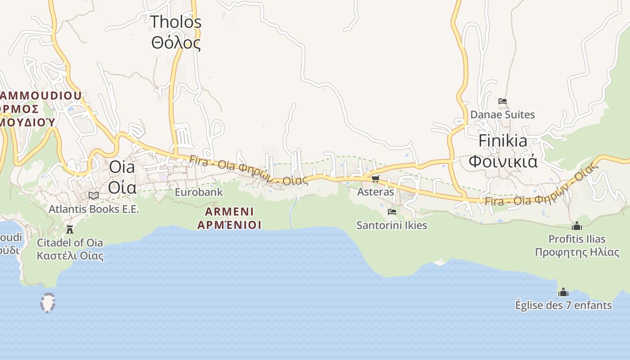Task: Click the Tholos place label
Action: coord(175,22)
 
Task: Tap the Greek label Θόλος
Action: coord(175,43)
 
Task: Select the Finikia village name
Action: coord(503,141)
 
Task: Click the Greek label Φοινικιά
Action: coord(503,161)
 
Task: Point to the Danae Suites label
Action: coord(502,115)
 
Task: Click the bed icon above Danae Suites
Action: coord(503,101)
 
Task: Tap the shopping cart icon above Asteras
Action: coord(376,179)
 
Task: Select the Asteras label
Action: coord(375,192)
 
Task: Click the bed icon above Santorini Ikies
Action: coord(392,211)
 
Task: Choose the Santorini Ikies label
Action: coord(391,225)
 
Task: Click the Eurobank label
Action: coord(198,192)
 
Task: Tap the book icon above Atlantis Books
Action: coord(94,195)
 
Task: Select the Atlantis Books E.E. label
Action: coord(94,209)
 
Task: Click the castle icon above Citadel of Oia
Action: coord(70,229)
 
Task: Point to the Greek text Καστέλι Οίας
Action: coord(70,256)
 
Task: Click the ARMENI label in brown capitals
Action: coord(229,211)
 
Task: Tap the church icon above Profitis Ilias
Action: coord(577,226)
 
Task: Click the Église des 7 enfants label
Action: coord(563,306)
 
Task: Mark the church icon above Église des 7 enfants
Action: coord(563,292)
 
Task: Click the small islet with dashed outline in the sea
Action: coord(47,302)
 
